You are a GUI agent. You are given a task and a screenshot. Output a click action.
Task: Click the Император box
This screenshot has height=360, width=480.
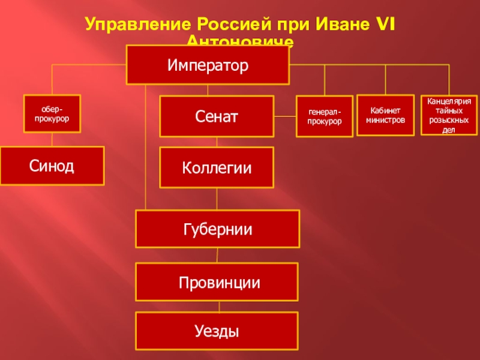tap(207, 65)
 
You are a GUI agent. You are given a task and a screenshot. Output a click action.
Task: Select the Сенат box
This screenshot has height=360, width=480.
tap(217, 116)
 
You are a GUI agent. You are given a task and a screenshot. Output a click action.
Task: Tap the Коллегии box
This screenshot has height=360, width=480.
tap(217, 167)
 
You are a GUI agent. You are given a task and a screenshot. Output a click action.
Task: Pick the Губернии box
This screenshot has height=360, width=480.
tap(217, 229)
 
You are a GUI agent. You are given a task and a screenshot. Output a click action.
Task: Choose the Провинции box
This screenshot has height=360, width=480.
tap(217, 281)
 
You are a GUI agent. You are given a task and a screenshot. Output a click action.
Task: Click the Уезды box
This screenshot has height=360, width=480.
tap(217, 331)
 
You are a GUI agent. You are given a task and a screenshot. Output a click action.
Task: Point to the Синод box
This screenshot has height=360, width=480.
tap(52, 166)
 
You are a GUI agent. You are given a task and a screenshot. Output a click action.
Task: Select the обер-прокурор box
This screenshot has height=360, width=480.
tap(52, 114)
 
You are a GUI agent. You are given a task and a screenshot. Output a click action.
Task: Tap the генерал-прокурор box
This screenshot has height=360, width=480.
tap(325, 116)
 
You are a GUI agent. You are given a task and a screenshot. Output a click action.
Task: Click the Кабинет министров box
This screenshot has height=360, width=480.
tap(385, 115)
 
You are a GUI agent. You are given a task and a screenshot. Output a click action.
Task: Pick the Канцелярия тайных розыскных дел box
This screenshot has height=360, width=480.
tap(449, 115)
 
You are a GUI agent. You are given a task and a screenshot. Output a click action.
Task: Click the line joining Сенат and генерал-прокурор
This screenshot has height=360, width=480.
tap(285, 116)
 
